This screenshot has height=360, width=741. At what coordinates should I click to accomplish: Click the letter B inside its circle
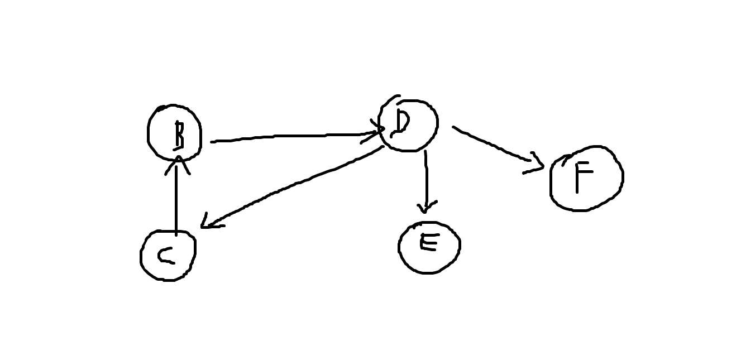tap(178, 135)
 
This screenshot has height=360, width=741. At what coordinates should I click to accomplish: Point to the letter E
tap(429, 242)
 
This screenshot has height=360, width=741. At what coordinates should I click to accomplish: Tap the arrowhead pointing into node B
tap(177, 162)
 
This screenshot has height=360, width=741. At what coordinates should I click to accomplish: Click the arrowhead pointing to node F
tap(537, 165)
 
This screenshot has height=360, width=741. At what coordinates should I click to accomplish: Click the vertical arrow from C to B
tap(176, 201)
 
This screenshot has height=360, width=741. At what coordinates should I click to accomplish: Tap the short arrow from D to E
tap(426, 179)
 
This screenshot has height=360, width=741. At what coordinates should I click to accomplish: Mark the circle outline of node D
tap(437, 124)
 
